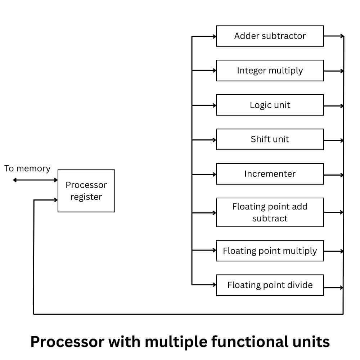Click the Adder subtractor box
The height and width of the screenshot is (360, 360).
pyautogui.click(x=270, y=36)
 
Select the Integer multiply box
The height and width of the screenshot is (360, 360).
pyautogui.click(x=270, y=71)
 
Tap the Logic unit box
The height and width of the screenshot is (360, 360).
pyautogui.click(x=270, y=105)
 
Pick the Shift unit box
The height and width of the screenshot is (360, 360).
pyautogui.click(x=270, y=139)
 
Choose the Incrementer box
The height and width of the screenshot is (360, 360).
pyautogui.click(x=270, y=174)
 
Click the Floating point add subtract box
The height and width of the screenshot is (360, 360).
pyautogui.click(x=270, y=212)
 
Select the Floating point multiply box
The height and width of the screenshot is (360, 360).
pyautogui.click(x=270, y=251)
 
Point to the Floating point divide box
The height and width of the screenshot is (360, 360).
pyautogui.click(x=270, y=285)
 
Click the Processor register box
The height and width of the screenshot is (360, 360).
pyautogui.click(x=86, y=191)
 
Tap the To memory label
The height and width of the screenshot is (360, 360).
pyautogui.click(x=27, y=168)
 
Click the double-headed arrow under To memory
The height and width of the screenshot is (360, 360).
pyautogui.click(x=35, y=180)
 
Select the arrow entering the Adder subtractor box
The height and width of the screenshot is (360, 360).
pyautogui.click(x=204, y=36)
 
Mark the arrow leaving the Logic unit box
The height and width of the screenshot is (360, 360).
pyautogui.click(x=334, y=106)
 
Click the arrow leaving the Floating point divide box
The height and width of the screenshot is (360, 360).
pyautogui.click(x=334, y=288)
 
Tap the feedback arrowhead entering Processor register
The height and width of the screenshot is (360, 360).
pyautogui.click(x=55, y=200)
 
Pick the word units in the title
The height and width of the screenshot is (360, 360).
pyautogui.click(x=312, y=341)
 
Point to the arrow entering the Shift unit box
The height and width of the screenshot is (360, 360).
pyautogui.click(x=204, y=140)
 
